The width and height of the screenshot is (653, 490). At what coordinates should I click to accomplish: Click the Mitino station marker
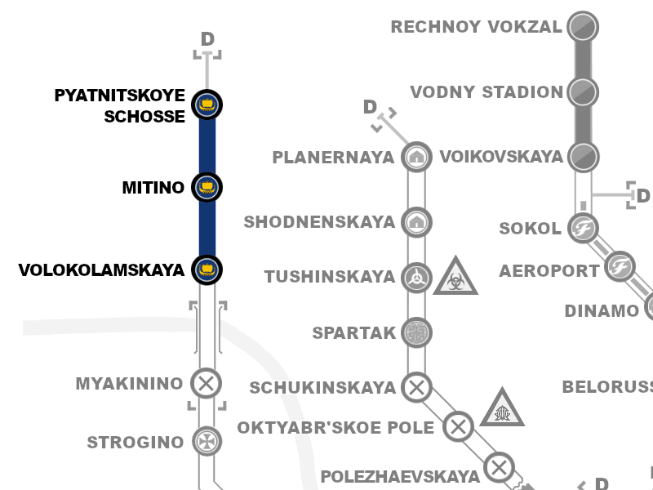pos(207,187)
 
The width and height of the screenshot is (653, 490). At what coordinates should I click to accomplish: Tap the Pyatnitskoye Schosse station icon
pos(207,105)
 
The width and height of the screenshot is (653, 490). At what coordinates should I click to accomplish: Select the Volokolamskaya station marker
pos(207,269)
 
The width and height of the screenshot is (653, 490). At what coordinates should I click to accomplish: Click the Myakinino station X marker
pos(207,383)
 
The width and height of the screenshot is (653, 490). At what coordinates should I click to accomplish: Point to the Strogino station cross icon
pos(207,442)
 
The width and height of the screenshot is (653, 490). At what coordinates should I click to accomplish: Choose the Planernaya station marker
pos(417,156)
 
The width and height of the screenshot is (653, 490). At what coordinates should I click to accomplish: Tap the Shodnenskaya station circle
pos(417,221)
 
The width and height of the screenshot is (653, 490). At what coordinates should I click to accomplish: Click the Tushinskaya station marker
pos(417,278)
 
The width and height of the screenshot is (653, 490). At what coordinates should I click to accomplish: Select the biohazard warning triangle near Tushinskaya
pos(455,277)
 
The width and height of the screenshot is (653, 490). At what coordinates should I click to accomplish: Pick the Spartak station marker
pos(417,333)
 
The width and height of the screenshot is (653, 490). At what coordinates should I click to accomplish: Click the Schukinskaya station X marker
pos(417,387)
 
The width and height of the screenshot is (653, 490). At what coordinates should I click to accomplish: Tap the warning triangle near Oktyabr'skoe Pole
pos(501,409)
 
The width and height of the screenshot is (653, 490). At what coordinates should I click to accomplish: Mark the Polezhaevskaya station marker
pos(499,468)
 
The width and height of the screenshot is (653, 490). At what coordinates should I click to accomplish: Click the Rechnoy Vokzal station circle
pos(582,26)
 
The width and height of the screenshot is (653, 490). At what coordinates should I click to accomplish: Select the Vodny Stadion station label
pos(486,91)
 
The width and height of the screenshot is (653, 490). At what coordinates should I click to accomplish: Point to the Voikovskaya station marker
pos(582,155)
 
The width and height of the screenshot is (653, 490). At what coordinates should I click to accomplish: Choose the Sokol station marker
pos(583,227)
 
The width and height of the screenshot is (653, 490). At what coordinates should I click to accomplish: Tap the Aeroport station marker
pos(620,266)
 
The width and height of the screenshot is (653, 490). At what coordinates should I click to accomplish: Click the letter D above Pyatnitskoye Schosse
pos(207,39)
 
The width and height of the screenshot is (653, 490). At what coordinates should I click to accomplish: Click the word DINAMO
pos(602,311)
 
